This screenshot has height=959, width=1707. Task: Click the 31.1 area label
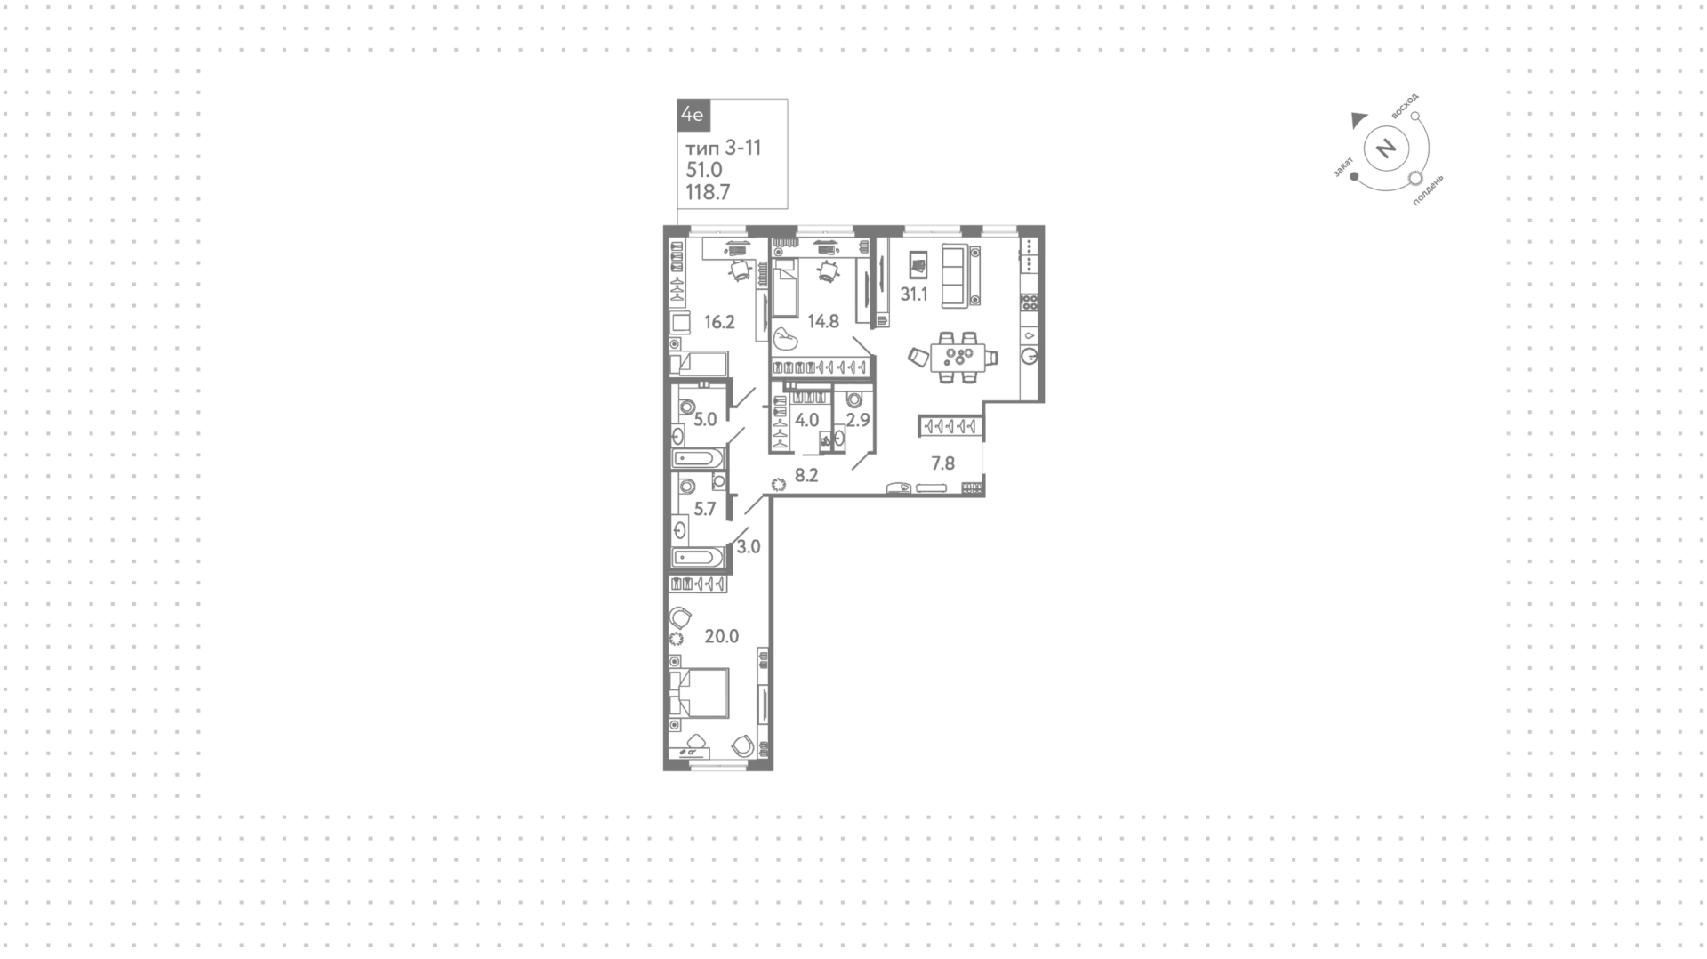coord(914,294)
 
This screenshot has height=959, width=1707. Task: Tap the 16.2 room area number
coord(719,322)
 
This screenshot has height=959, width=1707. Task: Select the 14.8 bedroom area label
coord(823,321)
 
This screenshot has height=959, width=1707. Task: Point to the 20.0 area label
coord(722,636)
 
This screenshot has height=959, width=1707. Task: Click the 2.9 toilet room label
coord(858,420)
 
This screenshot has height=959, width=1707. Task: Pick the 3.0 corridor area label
coord(749,547)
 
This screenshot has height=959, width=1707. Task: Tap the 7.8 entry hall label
coord(942,463)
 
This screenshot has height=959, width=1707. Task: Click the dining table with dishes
coord(958,358)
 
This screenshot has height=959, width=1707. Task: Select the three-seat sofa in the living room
coord(960,277)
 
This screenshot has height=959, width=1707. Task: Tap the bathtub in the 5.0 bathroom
coord(697,459)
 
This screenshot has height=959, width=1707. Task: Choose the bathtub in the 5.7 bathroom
coord(698,558)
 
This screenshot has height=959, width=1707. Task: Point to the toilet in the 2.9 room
coord(855,401)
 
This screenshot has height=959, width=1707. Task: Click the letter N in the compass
coord(1386,148)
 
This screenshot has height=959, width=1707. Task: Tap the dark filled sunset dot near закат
coord(1354,176)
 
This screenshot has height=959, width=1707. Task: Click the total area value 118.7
coord(708,191)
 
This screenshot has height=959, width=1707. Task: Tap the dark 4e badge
coord(692,115)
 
